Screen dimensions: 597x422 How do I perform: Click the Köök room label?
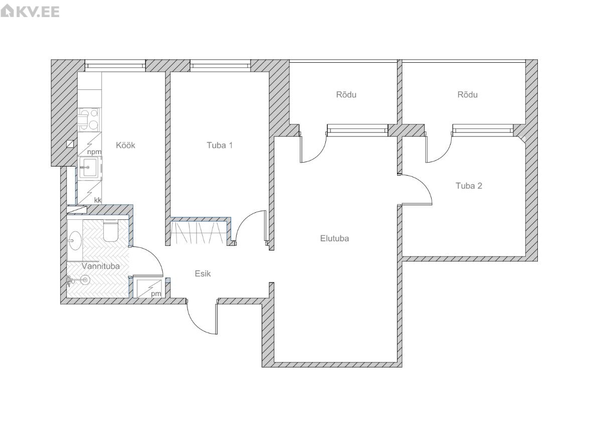click(125, 145)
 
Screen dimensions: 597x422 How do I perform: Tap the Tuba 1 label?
click(220, 145)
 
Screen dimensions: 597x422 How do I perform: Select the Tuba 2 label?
click(469, 186)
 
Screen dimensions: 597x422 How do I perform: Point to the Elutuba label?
click(334, 239)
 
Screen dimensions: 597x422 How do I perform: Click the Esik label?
click(203, 273)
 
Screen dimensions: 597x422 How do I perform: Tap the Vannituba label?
click(101, 266)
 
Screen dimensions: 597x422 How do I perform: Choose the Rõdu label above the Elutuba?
click(346, 94)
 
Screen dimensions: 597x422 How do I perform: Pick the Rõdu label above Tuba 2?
click(467, 94)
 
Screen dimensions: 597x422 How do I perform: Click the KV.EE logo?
click(30, 11)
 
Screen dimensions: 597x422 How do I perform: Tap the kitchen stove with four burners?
click(88, 119)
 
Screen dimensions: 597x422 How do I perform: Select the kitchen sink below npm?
click(90, 168)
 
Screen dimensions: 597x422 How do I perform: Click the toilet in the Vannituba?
click(111, 230)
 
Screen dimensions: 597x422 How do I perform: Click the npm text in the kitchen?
click(94, 152)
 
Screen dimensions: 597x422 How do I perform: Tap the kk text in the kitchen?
click(98, 200)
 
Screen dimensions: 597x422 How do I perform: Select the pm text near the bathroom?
click(156, 294)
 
